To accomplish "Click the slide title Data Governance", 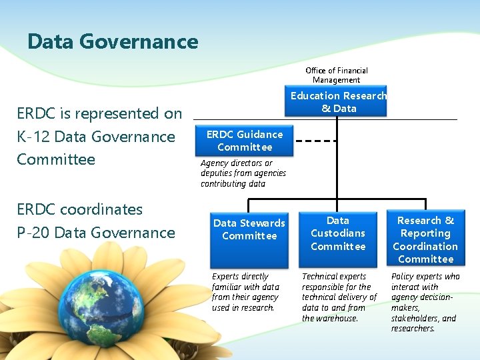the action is click(x=113, y=42).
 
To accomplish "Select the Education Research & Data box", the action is click(x=338, y=101).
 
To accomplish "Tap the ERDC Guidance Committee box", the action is click(x=244, y=141).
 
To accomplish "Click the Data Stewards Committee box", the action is click(x=249, y=229).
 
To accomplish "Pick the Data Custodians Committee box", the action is click(x=338, y=233).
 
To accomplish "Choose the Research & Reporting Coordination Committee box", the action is click(x=425, y=239).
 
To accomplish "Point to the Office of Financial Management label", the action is click(x=337, y=75).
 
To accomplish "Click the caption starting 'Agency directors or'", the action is click(x=243, y=173).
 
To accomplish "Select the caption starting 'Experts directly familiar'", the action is click(x=245, y=292).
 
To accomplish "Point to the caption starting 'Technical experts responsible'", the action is click(x=339, y=297).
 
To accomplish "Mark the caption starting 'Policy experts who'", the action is click(x=425, y=302).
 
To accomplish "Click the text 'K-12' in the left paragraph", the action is click(x=33, y=137).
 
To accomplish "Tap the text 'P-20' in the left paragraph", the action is click(x=33, y=233).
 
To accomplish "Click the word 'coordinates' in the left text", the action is click(x=101, y=209).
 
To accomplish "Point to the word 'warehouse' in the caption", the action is click(x=337, y=319).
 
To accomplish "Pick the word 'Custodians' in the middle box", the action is click(x=338, y=233).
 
